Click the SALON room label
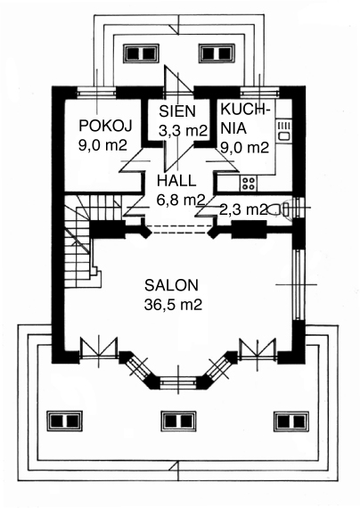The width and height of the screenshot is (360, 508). click(x=171, y=285)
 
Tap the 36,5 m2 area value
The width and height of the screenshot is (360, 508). click(x=173, y=305)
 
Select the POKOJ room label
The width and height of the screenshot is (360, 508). click(x=106, y=126)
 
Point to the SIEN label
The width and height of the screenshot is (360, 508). click(x=177, y=111)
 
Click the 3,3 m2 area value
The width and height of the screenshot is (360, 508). click(x=183, y=130)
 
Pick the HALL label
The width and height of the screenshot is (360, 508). click(x=176, y=181)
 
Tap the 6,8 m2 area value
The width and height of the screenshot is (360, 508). click(x=181, y=200)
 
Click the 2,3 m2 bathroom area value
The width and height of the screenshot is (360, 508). click(x=243, y=209)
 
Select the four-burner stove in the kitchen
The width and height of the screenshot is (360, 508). click(x=249, y=183)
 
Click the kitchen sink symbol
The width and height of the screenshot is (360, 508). click(x=284, y=131)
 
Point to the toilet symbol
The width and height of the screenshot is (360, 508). click(x=278, y=209)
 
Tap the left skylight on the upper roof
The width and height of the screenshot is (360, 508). click(x=141, y=53)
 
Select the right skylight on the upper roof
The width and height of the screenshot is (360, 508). click(x=217, y=53)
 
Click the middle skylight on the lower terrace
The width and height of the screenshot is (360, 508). click(x=178, y=422)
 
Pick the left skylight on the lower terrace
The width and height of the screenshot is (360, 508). click(x=64, y=422)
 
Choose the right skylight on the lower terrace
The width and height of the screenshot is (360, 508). click(x=291, y=422)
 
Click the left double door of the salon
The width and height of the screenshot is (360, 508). click(x=99, y=348)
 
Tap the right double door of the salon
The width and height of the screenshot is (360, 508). click(x=258, y=348)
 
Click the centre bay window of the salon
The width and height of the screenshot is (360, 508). click(x=178, y=381)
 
